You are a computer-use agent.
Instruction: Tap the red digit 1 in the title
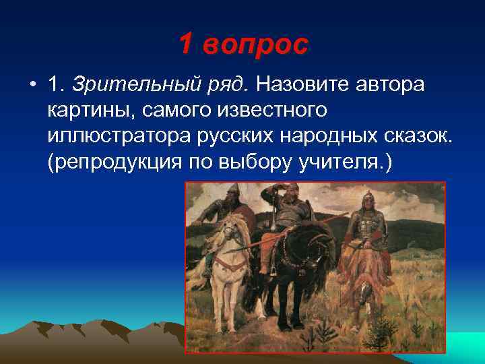click(187, 44)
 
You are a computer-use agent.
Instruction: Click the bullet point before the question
click(32, 86)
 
